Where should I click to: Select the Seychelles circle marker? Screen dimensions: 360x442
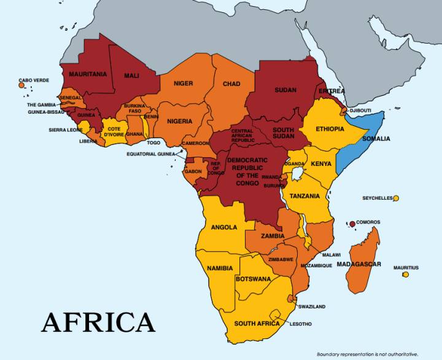pyautogui.click(x=396, y=198)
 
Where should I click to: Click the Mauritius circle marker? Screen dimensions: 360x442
pyautogui.click(x=405, y=274)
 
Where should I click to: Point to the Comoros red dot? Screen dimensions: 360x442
pyautogui.click(x=352, y=224)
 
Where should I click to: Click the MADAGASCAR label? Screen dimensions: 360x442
pyautogui.click(x=359, y=264)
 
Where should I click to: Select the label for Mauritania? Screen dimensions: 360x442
pyautogui.click(x=88, y=74)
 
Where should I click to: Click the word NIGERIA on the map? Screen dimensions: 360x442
pyautogui.click(x=179, y=121)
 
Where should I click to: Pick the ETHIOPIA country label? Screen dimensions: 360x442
pyautogui.click(x=330, y=129)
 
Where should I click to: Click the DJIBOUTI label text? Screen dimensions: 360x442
pyautogui.click(x=360, y=111)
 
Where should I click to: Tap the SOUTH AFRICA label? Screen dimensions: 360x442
pyautogui.click(x=257, y=323)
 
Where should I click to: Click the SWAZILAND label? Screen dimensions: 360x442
pyautogui.click(x=312, y=306)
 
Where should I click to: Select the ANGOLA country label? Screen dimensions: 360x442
pyautogui.click(x=224, y=227)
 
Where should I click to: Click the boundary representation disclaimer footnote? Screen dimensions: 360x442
pyautogui.click(x=367, y=354)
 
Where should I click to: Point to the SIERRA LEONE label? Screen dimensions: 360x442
pyautogui.click(x=66, y=130)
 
